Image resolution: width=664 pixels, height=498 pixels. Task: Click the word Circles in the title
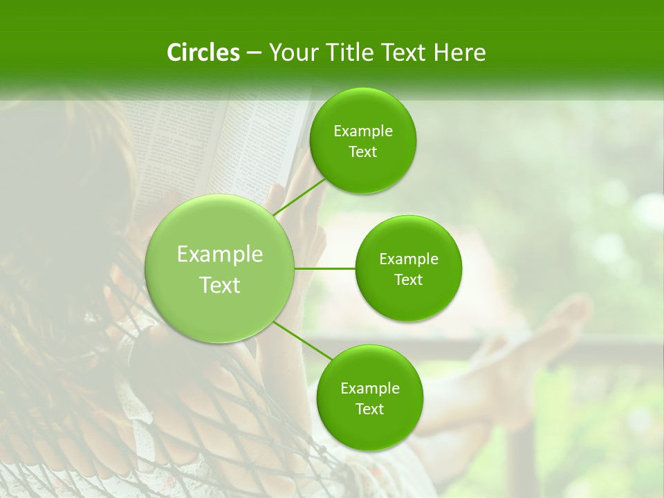[x=203, y=53]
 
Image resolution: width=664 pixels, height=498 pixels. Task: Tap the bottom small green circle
[x=369, y=429]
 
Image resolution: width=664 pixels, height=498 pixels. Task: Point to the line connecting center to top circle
[x=299, y=196]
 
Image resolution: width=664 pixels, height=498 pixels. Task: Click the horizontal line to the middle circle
[x=324, y=268]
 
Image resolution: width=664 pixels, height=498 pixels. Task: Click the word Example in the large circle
[x=219, y=255]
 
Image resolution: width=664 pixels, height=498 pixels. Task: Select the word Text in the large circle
[x=219, y=285]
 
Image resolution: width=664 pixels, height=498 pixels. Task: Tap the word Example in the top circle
[x=362, y=131]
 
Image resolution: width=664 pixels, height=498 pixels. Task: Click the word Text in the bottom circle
[x=369, y=409]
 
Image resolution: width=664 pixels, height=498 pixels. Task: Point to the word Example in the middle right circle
[x=408, y=259]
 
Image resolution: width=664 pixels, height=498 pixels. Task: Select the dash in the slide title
[x=253, y=53]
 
